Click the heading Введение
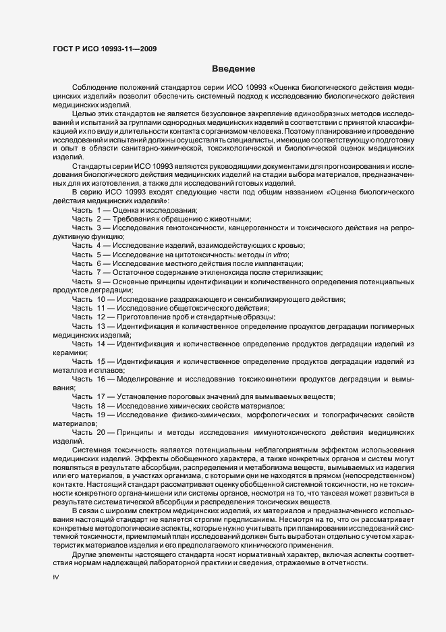233,69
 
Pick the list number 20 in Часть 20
101,431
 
